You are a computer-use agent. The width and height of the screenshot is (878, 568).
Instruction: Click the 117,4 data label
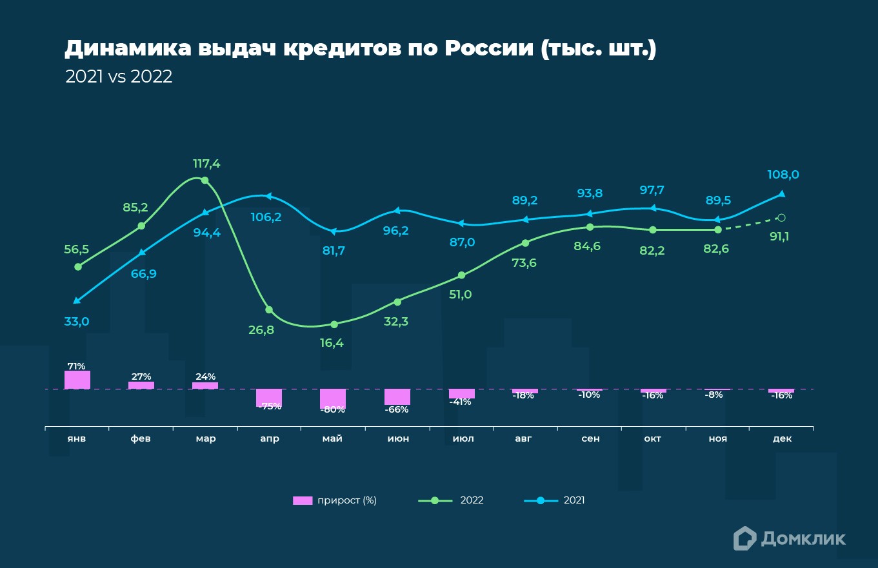[206, 164]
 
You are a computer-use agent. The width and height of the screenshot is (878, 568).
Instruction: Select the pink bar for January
[77, 380]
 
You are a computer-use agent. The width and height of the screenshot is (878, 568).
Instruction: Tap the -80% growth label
[333, 410]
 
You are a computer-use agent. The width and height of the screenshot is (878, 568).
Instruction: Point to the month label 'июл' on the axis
[463, 438]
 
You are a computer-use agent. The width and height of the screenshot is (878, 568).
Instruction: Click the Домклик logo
[789, 538]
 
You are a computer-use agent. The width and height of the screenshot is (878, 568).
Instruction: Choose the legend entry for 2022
[451, 500]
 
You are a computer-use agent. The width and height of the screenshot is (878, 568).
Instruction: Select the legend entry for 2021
[554, 500]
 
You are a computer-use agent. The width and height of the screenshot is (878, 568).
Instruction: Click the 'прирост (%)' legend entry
[335, 500]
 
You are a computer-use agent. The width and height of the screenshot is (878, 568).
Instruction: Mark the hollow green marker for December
[782, 218]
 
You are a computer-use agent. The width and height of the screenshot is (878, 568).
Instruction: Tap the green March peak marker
[205, 181]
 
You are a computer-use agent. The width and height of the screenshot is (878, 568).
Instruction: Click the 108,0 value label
[783, 175]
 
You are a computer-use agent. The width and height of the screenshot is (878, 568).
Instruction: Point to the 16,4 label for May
[332, 343]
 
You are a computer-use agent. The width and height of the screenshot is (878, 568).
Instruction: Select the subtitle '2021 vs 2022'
[119, 77]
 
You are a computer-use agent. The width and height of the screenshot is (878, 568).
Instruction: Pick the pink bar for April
[269, 397]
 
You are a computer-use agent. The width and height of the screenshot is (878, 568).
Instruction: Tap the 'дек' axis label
[782, 438]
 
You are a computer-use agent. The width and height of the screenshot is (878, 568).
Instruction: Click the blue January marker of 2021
[77, 300]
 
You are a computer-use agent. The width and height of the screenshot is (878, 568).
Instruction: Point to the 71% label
[77, 366]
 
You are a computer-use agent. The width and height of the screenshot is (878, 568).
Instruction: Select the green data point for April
[269, 310]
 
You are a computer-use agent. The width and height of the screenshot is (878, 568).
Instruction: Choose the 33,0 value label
[76, 321]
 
